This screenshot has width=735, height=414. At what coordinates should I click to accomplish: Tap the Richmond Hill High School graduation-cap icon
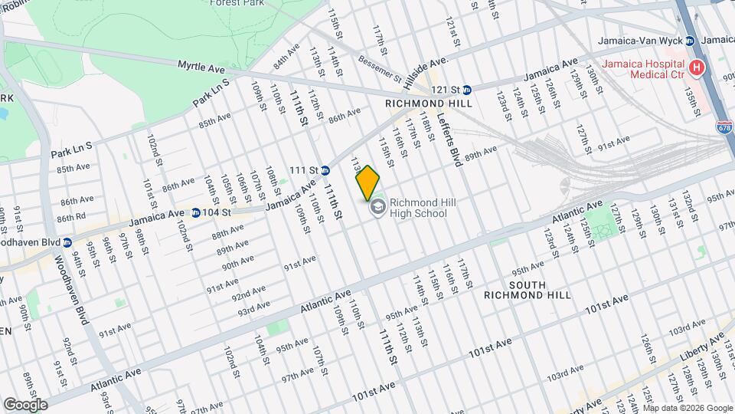377,208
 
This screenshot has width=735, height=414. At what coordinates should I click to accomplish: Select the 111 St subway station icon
325,170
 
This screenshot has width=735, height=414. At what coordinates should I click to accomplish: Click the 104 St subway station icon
196,213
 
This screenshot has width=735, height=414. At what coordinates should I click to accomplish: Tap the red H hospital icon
696,68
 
